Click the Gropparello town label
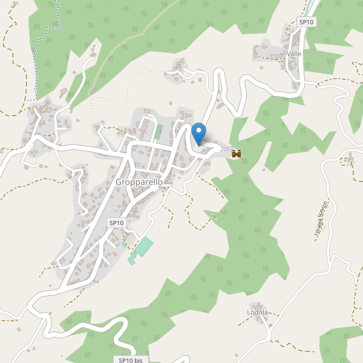click(x=140, y=182)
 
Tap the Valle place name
click(x=295, y=54)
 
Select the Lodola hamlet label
click(x=257, y=313)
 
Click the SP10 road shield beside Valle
click(x=307, y=22)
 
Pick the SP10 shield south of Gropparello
click(x=116, y=223)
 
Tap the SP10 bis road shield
click(x=131, y=360)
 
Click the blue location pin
click(x=198, y=133)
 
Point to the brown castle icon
click(x=237, y=154)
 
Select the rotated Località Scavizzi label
click(x=319, y=220)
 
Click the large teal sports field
click(x=144, y=247)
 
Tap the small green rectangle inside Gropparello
click(x=159, y=131)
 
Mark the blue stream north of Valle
click(x=312, y=7)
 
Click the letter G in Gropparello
click(x=119, y=182)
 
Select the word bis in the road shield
click(x=139, y=360)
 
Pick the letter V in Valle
click(x=289, y=54)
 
